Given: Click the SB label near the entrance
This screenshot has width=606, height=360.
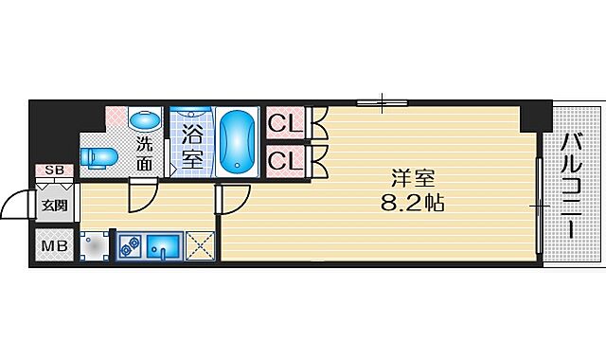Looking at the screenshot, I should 54,171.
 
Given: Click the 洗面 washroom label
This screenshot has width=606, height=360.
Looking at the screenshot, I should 143,153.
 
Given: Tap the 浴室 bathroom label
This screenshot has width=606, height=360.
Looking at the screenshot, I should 191,147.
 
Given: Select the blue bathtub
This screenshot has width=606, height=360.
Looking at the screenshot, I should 238,141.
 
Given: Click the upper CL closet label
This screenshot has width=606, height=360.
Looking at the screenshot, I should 284,123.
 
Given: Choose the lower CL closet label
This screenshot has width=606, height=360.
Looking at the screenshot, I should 284,161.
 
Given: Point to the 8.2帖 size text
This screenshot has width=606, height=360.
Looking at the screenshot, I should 411,202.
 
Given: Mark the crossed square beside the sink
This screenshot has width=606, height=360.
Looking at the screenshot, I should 201,246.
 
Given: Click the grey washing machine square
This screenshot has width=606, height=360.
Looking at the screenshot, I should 96,247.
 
